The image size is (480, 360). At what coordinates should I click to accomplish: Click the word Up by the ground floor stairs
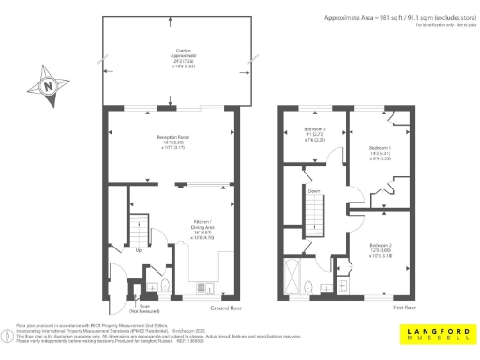click(x=140, y=250)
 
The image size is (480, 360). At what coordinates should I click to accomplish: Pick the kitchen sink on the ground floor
click(x=207, y=287)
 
